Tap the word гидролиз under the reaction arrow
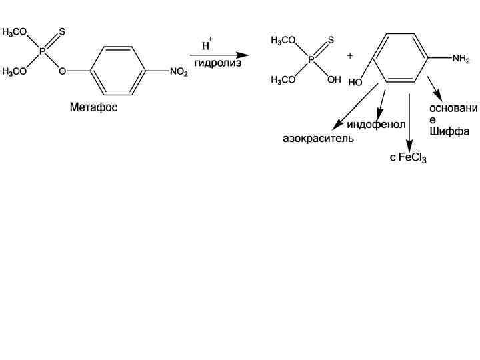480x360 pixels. pos(217,63)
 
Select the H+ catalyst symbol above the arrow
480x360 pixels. pos(207,45)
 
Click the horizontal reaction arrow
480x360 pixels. pos(219,55)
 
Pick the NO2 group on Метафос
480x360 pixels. pos(179,73)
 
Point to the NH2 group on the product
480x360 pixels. pos(461,59)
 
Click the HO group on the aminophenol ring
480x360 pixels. pos(355,83)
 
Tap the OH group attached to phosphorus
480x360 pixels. pos(333,79)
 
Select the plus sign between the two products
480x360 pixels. pos(350,56)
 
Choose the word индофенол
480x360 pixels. pos(376,125)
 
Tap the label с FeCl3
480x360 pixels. pos(408,158)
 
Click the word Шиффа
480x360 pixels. pos(449,131)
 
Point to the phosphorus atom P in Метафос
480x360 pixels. pos(43,51)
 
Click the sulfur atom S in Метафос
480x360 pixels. pos(62,31)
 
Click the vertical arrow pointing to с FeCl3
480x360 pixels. pos(408,120)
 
